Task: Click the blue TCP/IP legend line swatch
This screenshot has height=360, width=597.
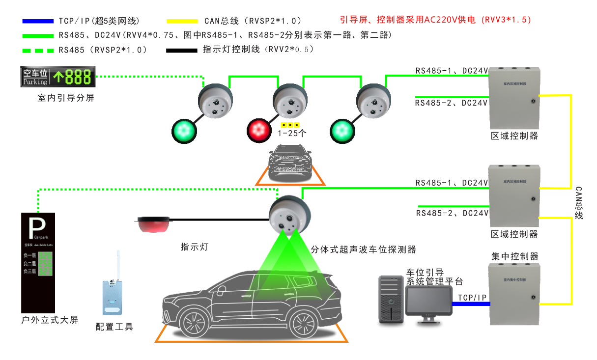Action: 38,21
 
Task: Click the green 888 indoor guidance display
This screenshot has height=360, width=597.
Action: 57,77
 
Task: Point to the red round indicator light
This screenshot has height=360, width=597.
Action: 258,130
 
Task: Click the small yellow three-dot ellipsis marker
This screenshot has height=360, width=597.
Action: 290,125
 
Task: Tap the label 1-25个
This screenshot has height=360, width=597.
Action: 292,133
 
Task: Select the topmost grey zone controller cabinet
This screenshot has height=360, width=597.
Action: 514,98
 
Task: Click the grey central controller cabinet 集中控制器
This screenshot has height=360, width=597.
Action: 514,294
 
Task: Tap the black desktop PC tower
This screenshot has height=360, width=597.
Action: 391,299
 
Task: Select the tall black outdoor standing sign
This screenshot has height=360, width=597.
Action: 38,262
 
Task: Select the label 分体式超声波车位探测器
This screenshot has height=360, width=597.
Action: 364,249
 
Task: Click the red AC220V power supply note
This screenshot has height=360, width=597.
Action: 435,20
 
